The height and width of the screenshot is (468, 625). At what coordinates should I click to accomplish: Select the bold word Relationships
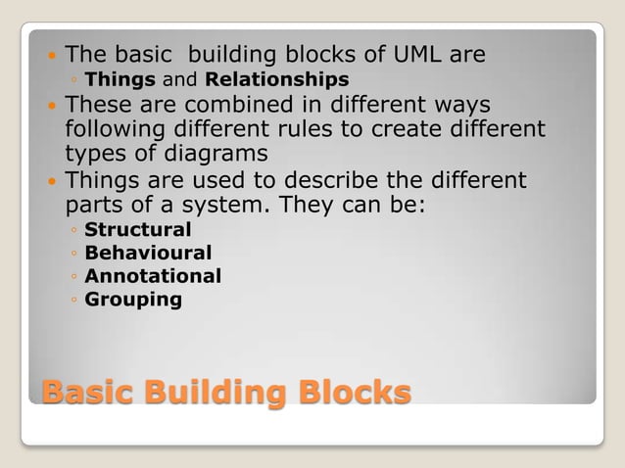tap(277, 78)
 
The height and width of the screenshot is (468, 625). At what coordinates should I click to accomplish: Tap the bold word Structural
tap(138, 230)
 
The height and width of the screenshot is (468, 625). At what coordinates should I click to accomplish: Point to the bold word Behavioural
tap(148, 254)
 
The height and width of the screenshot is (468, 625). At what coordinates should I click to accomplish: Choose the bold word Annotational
tap(153, 276)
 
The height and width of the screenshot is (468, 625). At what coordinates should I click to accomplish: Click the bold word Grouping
tap(133, 300)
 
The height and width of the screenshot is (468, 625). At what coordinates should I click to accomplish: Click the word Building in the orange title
tap(216, 394)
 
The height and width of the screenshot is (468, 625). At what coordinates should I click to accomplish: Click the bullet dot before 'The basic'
tap(52, 55)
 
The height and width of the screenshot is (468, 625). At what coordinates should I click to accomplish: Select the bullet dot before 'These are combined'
tap(52, 105)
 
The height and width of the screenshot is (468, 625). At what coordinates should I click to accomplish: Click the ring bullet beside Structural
tap(74, 231)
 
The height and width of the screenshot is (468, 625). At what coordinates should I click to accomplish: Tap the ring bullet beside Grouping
tap(74, 301)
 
